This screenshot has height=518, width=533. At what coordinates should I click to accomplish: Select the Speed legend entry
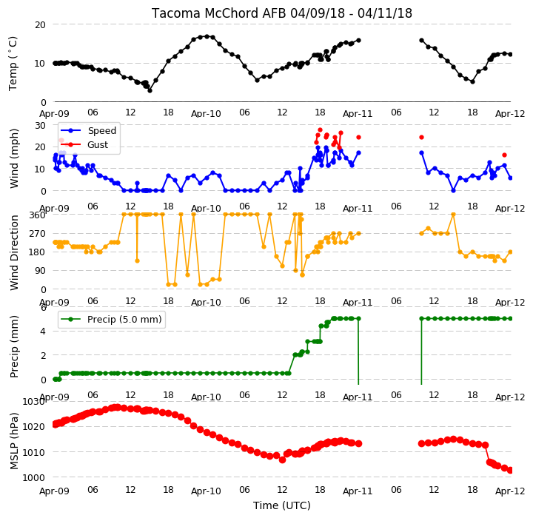88,130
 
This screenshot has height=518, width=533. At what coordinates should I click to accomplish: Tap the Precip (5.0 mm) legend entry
111,320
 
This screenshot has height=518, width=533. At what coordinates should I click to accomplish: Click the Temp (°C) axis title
13,64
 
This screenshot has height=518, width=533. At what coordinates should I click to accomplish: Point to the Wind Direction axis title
14,252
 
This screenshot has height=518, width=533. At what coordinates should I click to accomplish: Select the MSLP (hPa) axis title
14,441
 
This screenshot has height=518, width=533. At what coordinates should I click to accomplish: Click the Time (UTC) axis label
282,505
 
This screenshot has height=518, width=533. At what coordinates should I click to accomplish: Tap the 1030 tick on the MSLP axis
33,402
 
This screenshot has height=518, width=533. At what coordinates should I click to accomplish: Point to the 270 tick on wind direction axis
38,234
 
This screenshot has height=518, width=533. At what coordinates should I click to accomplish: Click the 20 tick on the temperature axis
40,25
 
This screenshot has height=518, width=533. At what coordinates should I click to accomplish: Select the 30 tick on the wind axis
40,125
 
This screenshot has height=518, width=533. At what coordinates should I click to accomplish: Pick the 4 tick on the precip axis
43,331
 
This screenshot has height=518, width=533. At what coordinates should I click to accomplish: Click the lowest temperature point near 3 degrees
150,90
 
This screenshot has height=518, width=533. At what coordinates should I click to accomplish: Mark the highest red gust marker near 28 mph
320,129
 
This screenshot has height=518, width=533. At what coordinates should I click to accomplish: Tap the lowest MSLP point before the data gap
282,460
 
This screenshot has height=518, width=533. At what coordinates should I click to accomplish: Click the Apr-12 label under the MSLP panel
510,491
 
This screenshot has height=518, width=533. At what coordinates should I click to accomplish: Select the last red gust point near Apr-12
504,155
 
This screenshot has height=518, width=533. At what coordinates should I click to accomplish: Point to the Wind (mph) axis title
14,158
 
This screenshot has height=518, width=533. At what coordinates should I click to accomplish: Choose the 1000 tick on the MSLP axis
33,477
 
